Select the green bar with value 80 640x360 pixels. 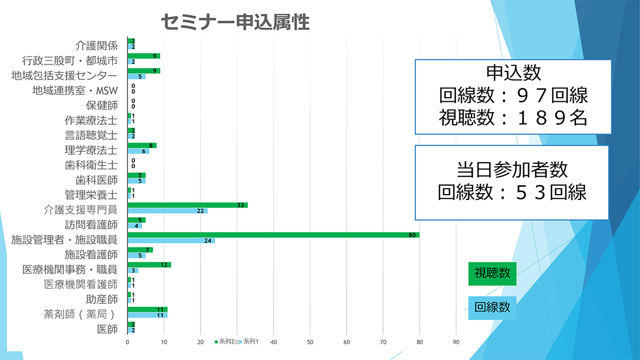coord(273,235)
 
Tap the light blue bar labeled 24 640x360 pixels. coord(171,241)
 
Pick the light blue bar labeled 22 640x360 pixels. coord(167,211)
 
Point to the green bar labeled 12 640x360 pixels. coord(149,265)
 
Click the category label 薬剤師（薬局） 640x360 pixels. coord(80,314)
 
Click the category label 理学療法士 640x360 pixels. coord(91,150)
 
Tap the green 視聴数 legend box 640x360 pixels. coord(492,274)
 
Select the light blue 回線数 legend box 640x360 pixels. coord(492,308)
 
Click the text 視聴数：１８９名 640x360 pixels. coord(513,117)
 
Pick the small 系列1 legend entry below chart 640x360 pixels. coord(250,341)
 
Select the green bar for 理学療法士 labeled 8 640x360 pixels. coord(142,146)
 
